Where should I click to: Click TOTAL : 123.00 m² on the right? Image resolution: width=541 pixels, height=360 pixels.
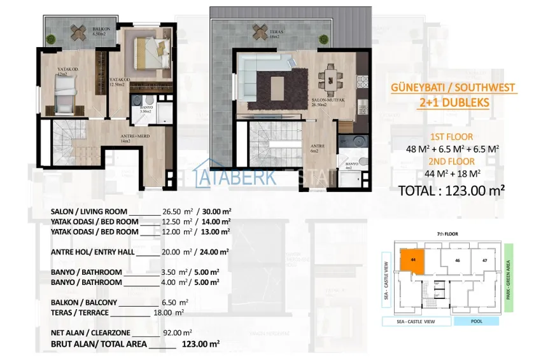[451, 190]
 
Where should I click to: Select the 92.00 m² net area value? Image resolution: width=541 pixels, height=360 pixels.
[182, 333]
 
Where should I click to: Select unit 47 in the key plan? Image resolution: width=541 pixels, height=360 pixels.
[484, 260]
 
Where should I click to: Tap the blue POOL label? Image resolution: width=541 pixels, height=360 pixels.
[477, 322]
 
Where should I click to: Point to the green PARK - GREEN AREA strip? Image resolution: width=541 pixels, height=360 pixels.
[508, 276]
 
